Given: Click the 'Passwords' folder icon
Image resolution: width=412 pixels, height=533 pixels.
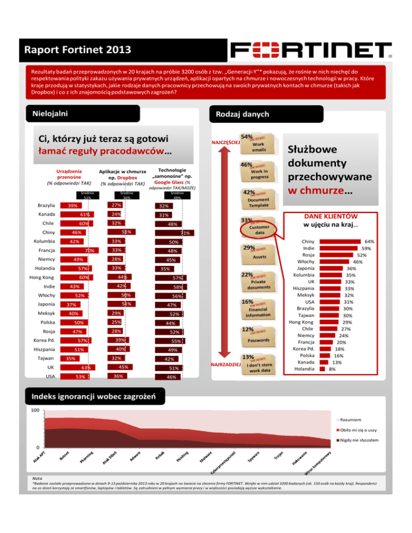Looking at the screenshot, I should click(x=259, y=340).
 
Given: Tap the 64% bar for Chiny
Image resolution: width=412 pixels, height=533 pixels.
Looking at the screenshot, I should click(x=342, y=242).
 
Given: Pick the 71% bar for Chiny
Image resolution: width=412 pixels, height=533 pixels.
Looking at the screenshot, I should click(x=174, y=233).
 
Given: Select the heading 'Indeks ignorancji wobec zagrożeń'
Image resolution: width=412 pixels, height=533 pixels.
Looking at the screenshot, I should click(x=93, y=397).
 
